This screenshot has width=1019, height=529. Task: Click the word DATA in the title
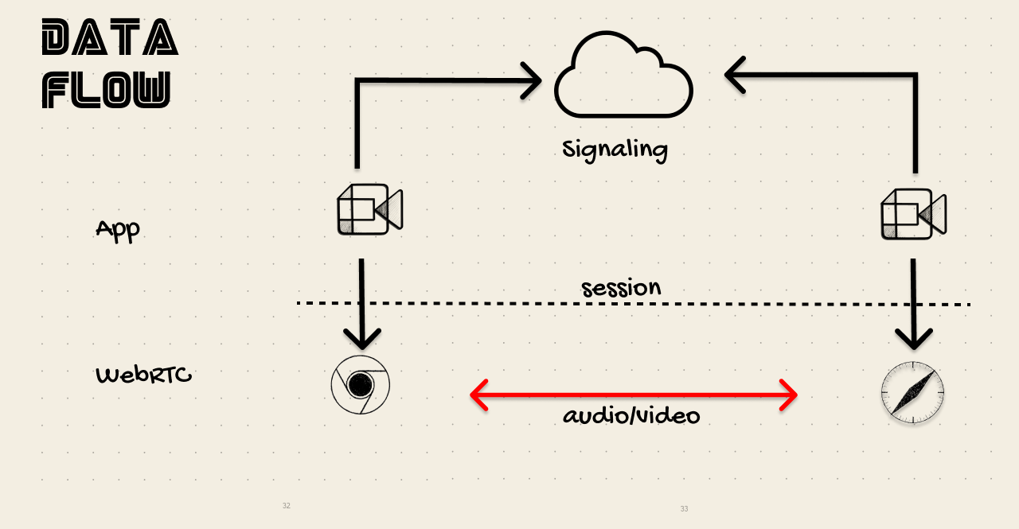[109, 38]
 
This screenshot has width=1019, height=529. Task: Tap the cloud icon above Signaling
[623, 76]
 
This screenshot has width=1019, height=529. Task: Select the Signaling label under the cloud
[615, 149]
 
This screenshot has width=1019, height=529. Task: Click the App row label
[118, 230]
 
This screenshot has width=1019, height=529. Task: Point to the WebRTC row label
[144, 375]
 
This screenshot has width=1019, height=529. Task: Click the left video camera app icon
[369, 210]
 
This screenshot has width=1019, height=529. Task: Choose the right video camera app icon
[913, 214]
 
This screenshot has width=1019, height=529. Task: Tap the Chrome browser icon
[361, 385]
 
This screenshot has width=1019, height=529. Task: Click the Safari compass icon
[912, 393]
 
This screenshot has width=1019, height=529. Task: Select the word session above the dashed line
[621, 287]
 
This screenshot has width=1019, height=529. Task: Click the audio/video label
[631, 415]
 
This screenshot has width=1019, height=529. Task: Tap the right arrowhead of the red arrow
[789, 394]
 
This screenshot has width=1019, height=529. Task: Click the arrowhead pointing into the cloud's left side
[533, 80]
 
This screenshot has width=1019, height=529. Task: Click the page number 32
[287, 506]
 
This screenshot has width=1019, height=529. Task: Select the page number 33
[684, 509]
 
